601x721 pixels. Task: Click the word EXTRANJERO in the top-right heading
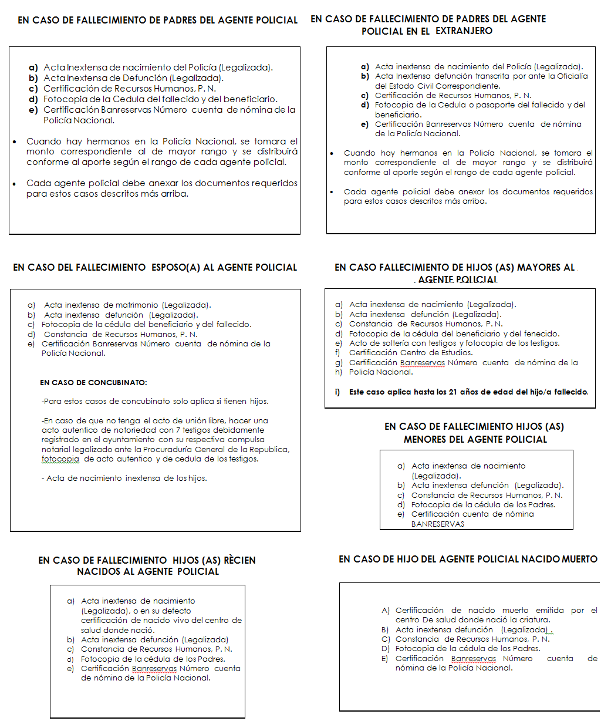click(x=464, y=31)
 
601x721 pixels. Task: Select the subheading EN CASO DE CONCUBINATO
click(x=93, y=383)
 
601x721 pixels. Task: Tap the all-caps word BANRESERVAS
click(x=437, y=524)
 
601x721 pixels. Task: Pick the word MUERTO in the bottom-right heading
click(x=579, y=560)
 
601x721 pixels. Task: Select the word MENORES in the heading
click(x=426, y=439)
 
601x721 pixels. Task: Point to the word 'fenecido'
click(x=541, y=334)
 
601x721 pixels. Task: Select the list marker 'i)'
click(x=338, y=392)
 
